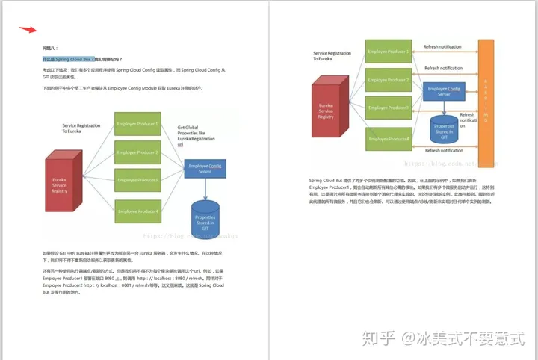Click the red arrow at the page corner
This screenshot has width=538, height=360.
click(x=28, y=30)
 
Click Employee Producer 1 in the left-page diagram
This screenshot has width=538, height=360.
click(x=137, y=124)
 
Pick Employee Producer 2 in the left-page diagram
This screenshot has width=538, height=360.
click(x=137, y=153)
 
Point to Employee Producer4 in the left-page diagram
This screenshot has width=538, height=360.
click(x=137, y=211)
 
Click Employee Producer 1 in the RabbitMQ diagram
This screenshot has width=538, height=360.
click(x=388, y=52)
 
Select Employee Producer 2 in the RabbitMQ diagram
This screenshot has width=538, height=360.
click(x=388, y=79)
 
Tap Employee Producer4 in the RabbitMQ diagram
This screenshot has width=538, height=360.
click(x=388, y=139)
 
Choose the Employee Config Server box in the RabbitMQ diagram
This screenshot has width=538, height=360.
click(x=443, y=91)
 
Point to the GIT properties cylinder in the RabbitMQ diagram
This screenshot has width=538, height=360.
click(x=443, y=131)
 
